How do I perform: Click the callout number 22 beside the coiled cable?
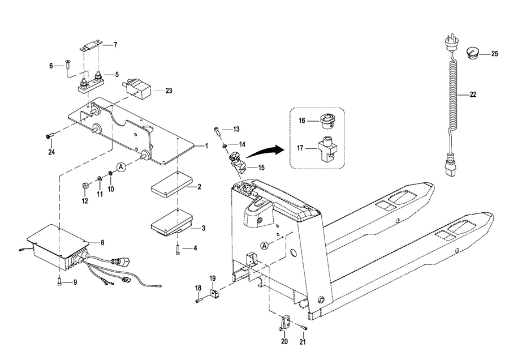click(x=473, y=95)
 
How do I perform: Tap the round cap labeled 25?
click(x=472, y=54)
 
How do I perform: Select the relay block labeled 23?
click(x=138, y=87)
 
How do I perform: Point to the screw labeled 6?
click(x=67, y=64)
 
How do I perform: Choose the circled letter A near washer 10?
click(x=121, y=167)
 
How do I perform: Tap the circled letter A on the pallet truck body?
click(x=265, y=246)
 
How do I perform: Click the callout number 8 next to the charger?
click(x=102, y=243)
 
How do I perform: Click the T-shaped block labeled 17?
click(x=326, y=148)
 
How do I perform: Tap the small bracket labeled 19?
click(x=214, y=293)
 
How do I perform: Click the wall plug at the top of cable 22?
click(x=450, y=43)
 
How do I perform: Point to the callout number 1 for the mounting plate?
click(x=206, y=146)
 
